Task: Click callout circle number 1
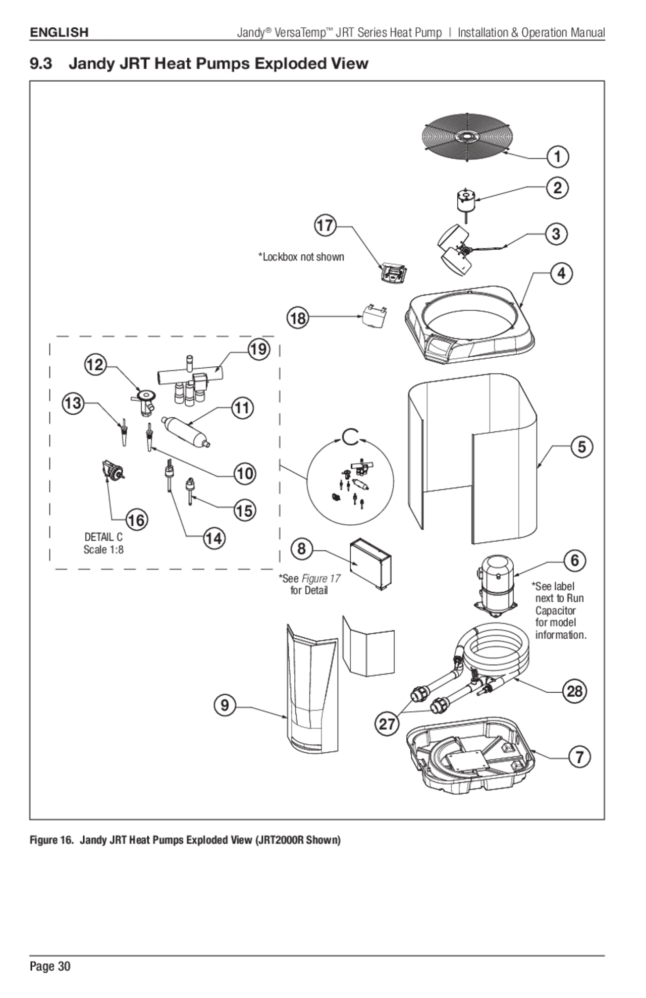pyautogui.click(x=558, y=156)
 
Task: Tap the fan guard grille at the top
pyautogui.click(x=467, y=137)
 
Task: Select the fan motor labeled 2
pyautogui.click(x=465, y=200)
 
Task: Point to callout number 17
pyautogui.click(x=326, y=225)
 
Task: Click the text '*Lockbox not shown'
pyautogui.click(x=301, y=257)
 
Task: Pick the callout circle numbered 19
pyautogui.click(x=258, y=349)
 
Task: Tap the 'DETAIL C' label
pyautogui.click(x=103, y=537)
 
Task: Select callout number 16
pyautogui.click(x=136, y=520)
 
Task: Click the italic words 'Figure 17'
pyautogui.click(x=321, y=578)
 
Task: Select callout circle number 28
pyautogui.click(x=575, y=691)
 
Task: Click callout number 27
pyautogui.click(x=387, y=724)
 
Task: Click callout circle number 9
pyautogui.click(x=225, y=705)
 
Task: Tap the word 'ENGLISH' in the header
pyautogui.click(x=59, y=32)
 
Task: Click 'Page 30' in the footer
pyautogui.click(x=50, y=966)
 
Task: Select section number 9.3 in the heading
pyautogui.click(x=41, y=64)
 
